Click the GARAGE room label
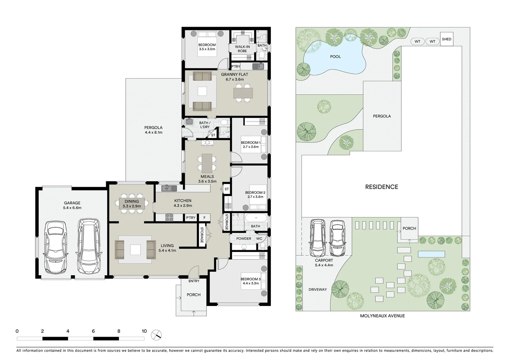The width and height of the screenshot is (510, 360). (x=72, y=203)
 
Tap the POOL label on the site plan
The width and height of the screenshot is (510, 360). (x=335, y=57)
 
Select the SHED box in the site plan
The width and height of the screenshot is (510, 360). (x=446, y=39)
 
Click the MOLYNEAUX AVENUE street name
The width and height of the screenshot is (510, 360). (x=382, y=316)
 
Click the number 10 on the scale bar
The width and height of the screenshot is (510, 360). (x=144, y=331)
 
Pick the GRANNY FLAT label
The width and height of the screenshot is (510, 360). (x=234, y=74)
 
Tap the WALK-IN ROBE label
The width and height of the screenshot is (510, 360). (x=242, y=49)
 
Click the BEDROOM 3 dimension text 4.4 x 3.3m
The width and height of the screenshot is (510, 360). (x=251, y=283)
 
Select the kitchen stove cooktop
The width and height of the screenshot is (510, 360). (x=169, y=218)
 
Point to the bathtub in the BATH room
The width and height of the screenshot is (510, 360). (x=256, y=219)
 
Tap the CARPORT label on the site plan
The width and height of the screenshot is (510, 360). (x=324, y=260)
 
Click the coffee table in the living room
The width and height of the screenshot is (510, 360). (x=135, y=250)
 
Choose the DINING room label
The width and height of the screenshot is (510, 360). (x=132, y=201)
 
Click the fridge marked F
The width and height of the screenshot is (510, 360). (x=204, y=218)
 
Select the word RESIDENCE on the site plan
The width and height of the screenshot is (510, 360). (x=382, y=187)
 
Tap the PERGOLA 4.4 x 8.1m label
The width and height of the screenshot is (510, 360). (x=153, y=130)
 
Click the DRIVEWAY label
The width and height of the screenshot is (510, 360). (x=317, y=289)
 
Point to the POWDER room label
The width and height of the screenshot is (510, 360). (x=243, y=239)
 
